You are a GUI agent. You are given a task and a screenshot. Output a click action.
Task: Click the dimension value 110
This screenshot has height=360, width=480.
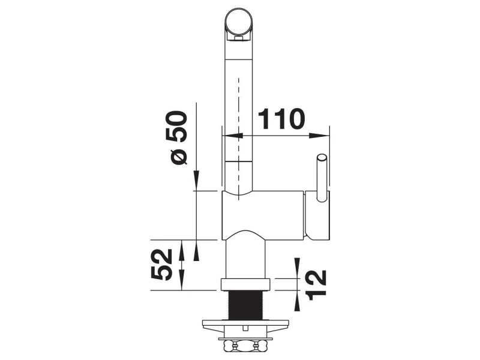[281, 118]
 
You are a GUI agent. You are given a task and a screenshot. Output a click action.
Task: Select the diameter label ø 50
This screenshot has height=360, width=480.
[176, 137]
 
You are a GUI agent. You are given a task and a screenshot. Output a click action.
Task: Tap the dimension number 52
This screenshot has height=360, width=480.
[161, 265]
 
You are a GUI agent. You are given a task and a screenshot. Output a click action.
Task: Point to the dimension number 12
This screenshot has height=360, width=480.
[317, 285]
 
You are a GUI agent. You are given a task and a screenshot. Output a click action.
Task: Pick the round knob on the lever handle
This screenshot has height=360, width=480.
[322, 158]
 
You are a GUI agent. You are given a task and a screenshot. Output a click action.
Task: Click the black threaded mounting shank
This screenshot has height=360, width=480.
[246, 305]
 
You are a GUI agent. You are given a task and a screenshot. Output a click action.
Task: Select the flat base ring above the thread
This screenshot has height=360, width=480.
[246, 284]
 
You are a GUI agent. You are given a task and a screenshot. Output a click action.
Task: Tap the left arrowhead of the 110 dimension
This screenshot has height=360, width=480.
[232, 136]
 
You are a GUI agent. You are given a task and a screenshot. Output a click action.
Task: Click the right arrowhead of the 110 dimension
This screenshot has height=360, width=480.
[319, 136]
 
